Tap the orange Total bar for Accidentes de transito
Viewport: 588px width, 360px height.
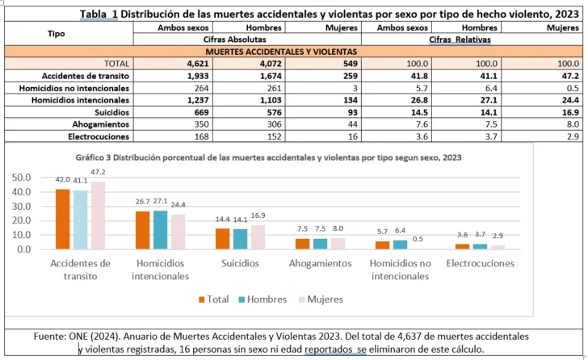62,219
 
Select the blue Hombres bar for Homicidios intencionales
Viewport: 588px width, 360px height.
160,229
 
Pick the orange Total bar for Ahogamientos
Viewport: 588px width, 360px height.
302,244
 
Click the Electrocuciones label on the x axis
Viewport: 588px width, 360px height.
480,264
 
